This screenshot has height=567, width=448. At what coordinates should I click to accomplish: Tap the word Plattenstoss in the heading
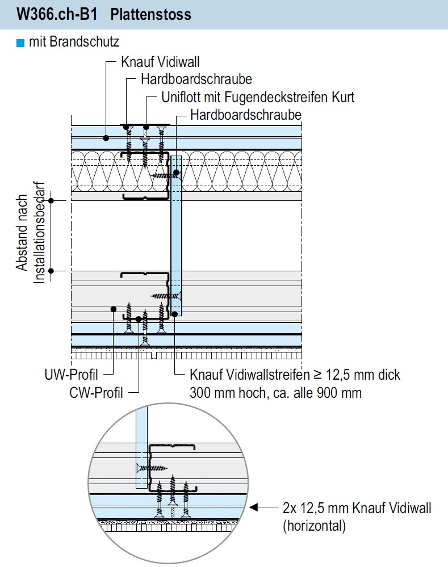(x=151, y=14)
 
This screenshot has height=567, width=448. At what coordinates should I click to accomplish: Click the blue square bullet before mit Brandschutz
(x=20, y=42)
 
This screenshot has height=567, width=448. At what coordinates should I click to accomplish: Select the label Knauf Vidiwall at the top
(x=160, y=62)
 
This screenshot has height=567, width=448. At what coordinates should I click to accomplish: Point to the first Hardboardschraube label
(x=196, y=79)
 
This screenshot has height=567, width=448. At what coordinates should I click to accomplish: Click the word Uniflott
(x=181, y=97)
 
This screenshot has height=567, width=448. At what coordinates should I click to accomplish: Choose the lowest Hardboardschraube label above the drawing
(x=245, y=115)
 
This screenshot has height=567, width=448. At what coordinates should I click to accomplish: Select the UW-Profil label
(x=72, y=375)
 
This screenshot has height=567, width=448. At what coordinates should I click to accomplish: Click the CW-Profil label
(x=96, y=392)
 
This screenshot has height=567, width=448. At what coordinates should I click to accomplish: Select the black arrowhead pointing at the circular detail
(x=254, y=507)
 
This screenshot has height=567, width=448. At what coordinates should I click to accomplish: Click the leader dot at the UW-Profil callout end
(x=114, y=309)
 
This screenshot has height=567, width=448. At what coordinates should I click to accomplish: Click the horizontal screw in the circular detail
(x=152, y=468)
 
